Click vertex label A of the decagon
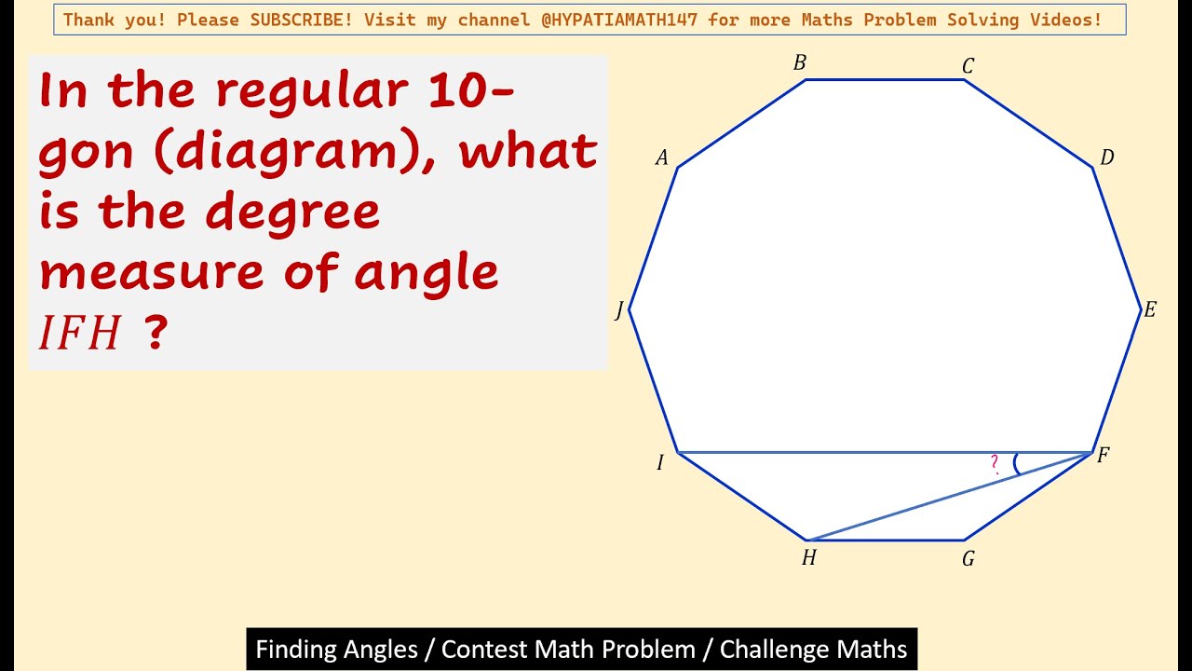(x=662, y=158)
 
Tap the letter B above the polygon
(x=799, y=63)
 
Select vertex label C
(x=968, y=66)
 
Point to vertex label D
(x=1106, y=158)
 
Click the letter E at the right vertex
(x=1149, y=310)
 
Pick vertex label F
(x=1103, y=456)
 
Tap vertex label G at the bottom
(x=968, y=559)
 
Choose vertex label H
(x=808, y=558)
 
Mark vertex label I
(x=660, y=462)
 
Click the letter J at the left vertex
(x=619, y=311)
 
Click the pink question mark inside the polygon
(x=995, y=462)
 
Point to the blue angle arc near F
(x=1016, y=463)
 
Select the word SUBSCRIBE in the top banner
(x=302, y=20)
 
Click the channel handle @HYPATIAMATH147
(x=620, y=20)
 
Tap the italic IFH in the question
(x=80, y=334)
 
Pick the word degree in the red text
(x=293, y=212)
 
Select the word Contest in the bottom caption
(x=481, y=649)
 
